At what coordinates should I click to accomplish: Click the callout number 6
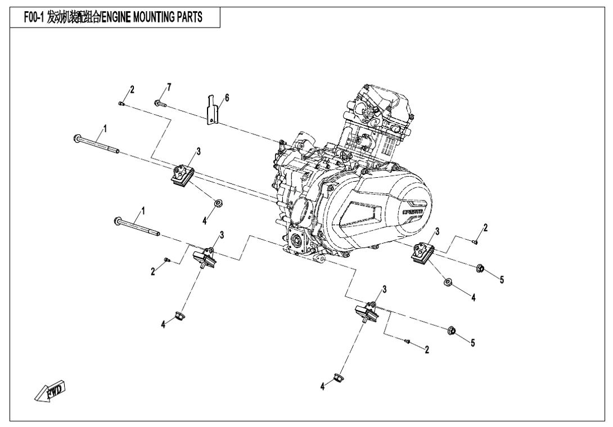(227, 98)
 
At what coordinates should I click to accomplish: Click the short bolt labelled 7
(160, 104)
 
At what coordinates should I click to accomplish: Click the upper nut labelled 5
(481, 267)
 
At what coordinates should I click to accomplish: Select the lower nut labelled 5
(451, 330)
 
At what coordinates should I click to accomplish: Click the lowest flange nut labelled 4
(339, 376)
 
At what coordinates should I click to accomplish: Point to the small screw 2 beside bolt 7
(122, 103)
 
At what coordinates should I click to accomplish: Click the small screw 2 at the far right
(475, 242)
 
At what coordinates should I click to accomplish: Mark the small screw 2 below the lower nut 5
(409, 341)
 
